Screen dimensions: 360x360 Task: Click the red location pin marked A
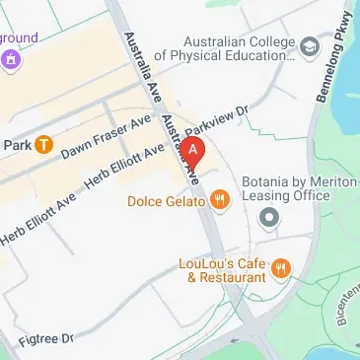(x=194, y=151)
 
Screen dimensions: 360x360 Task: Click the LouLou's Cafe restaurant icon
(x=282, y=268)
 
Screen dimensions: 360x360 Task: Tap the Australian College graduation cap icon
(x=311, y=46)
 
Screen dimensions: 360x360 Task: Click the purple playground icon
(x=13, y=56)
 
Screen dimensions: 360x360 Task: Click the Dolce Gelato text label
(x=167, y=201)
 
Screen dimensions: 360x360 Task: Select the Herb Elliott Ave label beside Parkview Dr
(x=125, y=164)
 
